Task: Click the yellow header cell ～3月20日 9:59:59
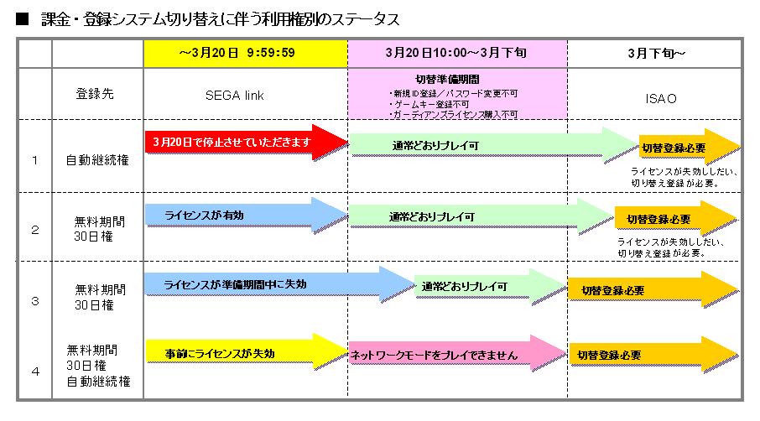coord(246,53)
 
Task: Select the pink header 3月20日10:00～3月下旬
coord(457,53)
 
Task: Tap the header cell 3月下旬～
coord(655,53)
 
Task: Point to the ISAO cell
coord(655,97)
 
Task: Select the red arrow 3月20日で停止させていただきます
coord(243,143)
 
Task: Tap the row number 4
coord(34,367)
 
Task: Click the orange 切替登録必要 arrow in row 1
coord(684,148)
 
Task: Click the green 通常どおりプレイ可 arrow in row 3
coord(487,286)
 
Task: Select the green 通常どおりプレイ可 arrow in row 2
coord(478,216)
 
